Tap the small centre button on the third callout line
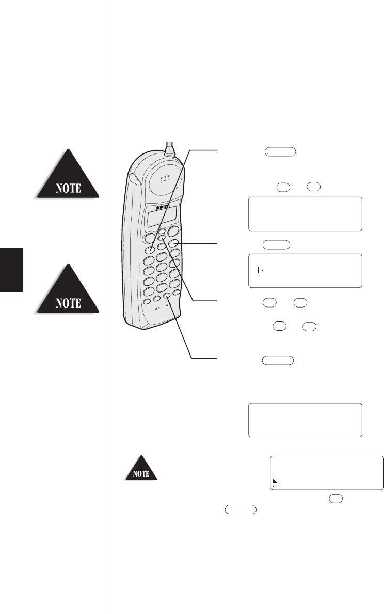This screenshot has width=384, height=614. [x=162, y=238]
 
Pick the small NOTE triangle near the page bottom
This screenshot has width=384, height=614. [x=141, y=472]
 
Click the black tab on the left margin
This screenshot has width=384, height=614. [x=12, y=268]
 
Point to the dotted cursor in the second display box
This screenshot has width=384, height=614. [x=261, y=270]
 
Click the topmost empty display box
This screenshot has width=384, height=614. [x=305, y=213]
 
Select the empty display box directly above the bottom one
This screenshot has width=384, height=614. [x=305, y=420]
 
